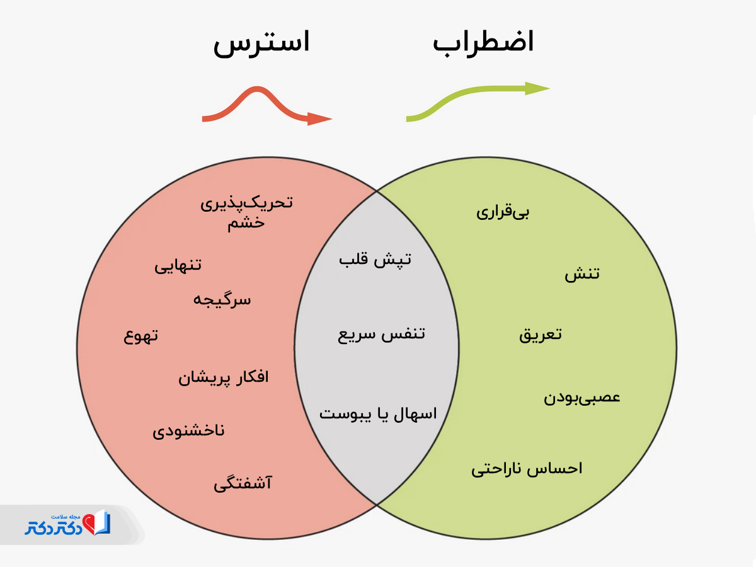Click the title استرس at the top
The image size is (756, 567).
tap(261, 44)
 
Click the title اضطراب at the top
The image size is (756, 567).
tap(483, 43)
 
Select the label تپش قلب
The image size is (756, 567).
tap(375, 260)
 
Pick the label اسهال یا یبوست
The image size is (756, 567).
tap(377, 414)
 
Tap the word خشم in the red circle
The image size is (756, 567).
tap(246, 224)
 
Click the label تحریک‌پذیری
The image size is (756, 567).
tap(247, 203)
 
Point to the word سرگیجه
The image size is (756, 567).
tap(222, 299)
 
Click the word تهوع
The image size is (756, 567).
tap(140, 336)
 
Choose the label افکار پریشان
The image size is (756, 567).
tap(224, 378)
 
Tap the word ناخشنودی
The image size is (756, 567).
tap(188, 432)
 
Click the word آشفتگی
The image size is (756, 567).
tap(243, 484)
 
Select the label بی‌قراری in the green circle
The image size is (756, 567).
tap(503, 212)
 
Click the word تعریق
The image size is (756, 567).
tap(541, 335)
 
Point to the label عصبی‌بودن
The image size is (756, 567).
tap(582, 398)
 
